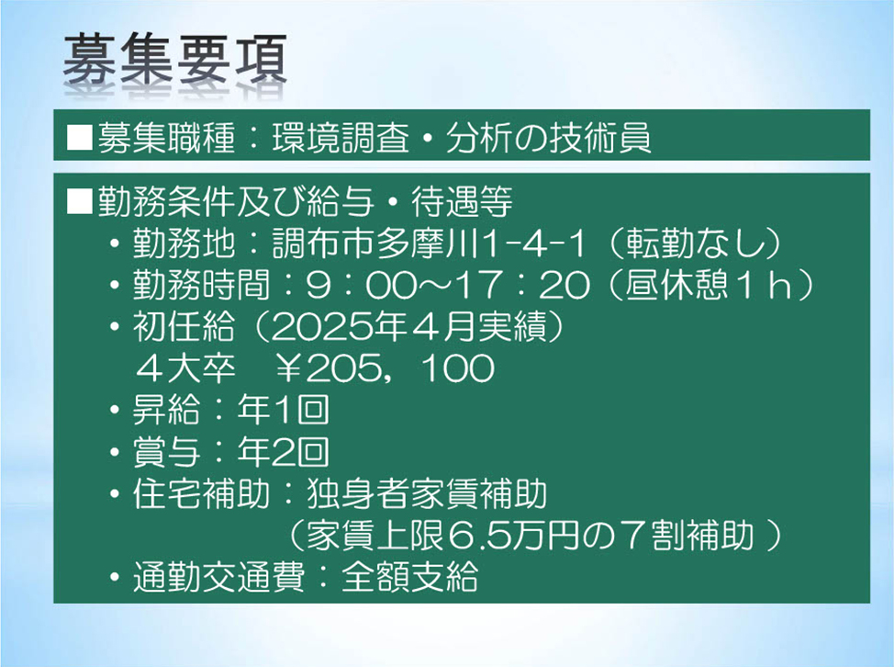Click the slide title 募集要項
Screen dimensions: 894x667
click(175, 61)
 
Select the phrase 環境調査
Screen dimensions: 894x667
click(341, 138)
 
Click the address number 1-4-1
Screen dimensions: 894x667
click(534, 243)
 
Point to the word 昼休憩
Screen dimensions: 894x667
click(676, 285)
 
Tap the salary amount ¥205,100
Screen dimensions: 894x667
click(386, 368)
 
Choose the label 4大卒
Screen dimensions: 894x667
click(186, 368)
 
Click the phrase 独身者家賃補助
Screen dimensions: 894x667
click(427, 493)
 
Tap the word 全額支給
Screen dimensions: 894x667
click(409, 577)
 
